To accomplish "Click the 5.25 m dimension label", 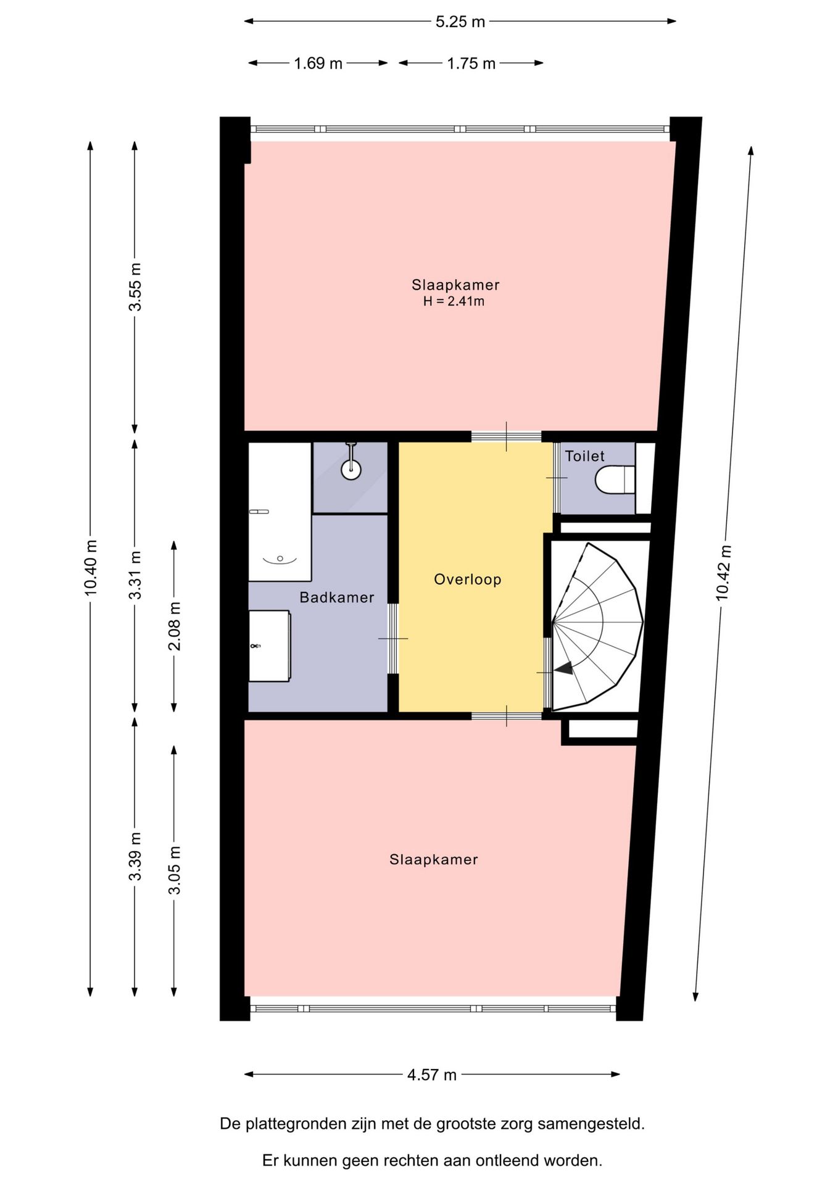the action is (x=460, y=22).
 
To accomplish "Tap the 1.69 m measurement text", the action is (x=318, y=64).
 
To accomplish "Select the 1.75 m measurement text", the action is (x=471, y=64).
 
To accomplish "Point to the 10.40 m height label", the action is (x=91, y=568).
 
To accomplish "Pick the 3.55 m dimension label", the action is (x=135, y=287).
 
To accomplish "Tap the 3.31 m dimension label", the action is (x=135, y=575).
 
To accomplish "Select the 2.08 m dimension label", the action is (x=175, y=626).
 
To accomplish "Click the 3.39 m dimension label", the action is (x=135, y=857).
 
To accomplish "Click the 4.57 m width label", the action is (x=432, y=1075).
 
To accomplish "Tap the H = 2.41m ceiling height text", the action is (x=454, y=302).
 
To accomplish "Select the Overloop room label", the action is (x=468, y=580).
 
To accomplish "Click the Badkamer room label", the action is (x=337, y=597).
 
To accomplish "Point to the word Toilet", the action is (x=585, y=456).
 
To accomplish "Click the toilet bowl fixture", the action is (x=615, y=480).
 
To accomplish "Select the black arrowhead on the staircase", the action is (x=563, y=668).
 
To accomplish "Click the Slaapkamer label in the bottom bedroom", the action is (x=434, y=860).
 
